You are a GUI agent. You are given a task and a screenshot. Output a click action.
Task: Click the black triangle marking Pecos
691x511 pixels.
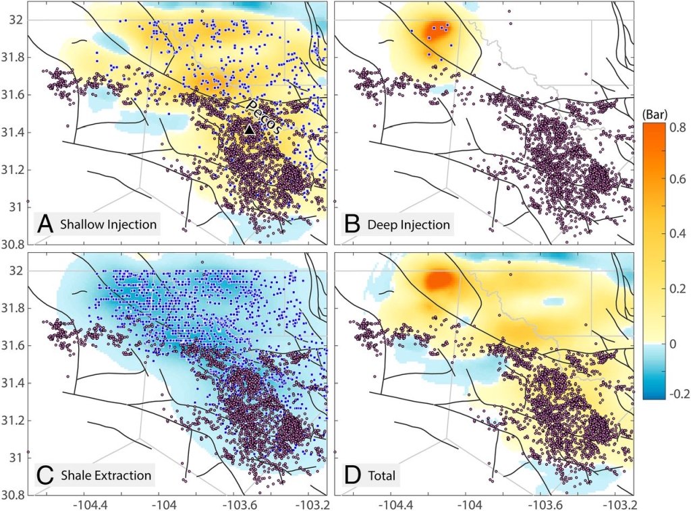[x=250, y=129]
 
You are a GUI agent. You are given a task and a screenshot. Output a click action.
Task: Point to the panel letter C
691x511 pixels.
[x=45, y=475]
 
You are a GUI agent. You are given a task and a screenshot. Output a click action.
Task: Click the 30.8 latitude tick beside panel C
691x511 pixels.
[x=13, y=495]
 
